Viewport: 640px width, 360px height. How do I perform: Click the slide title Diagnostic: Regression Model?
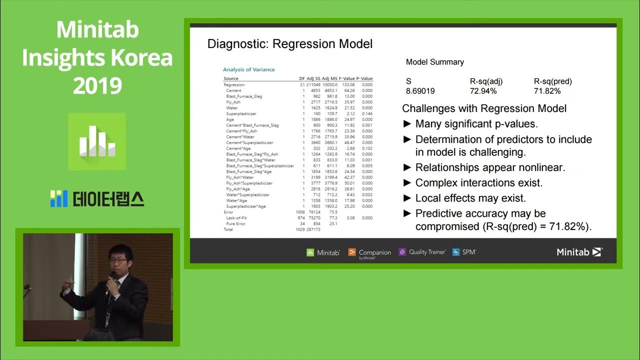point(289,44)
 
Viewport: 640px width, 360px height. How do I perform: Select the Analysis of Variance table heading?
point(248,69)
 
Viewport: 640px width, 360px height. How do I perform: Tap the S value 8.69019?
point(420,91)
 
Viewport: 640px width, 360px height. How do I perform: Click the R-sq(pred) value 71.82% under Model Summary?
point(547,91)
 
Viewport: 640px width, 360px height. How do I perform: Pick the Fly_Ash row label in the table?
point(233,102)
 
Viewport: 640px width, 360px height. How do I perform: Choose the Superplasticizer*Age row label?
point(246,206)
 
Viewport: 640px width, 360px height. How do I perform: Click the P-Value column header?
point(364,78)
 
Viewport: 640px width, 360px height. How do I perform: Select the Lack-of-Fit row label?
point(237,218)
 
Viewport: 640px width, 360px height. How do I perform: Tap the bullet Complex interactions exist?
point(479,183)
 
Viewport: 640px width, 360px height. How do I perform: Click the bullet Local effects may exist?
point(470,198)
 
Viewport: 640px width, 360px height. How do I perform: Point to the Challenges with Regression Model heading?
point(484,108)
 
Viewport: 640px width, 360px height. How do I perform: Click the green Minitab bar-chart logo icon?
point(97,141)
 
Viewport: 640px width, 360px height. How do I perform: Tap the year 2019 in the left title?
point(97,86)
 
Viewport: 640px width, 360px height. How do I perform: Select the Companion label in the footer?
point(374,252)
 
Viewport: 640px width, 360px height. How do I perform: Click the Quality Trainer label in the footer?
point(426,252)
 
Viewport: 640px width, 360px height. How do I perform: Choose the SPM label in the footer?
point(468,252)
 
